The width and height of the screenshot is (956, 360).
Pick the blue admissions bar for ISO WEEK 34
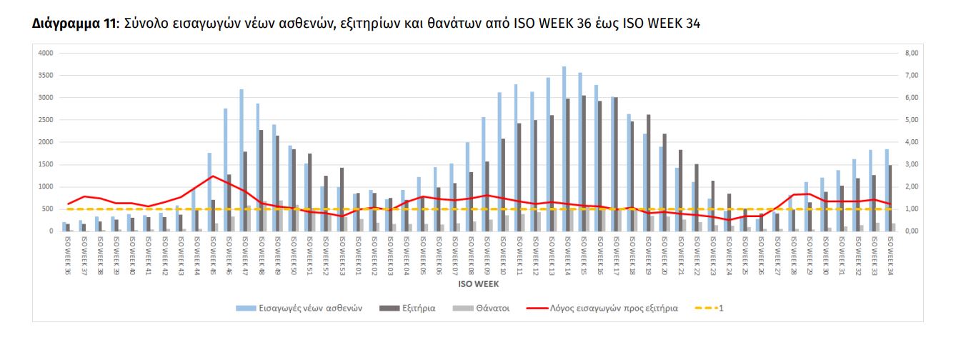coord(887,190)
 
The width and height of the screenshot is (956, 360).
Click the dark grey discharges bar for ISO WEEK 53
coord(342,199)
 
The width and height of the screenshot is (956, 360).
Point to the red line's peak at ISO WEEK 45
coord(212,176)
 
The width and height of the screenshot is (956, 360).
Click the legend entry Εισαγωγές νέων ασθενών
coord(299,309)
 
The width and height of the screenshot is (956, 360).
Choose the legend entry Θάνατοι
coord(486,309)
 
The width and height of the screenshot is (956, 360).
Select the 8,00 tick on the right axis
coord(910,53)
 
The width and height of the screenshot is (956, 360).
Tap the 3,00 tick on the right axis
coord(910,164)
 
